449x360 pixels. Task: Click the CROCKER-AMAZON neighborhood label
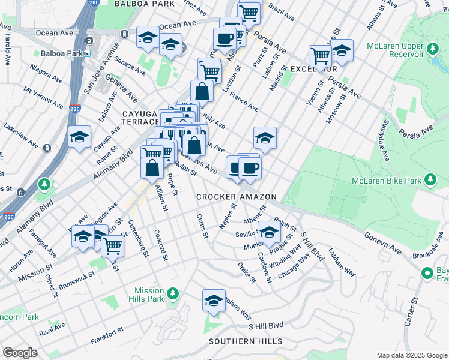point(237,197)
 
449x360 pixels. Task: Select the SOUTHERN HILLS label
point(246,341)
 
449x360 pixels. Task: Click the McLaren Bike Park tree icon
point(430,179)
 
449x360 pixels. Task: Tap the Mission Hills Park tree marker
point(172,293)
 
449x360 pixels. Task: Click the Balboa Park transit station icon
point(87,53)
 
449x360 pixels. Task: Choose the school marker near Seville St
point(269,232)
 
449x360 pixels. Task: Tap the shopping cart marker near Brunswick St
point(112,245)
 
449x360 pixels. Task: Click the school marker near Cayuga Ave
point(79,138)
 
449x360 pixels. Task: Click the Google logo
point(20,353)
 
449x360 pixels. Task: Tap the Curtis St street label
point(201,226)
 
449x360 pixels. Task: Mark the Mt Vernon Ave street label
point(43,98)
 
